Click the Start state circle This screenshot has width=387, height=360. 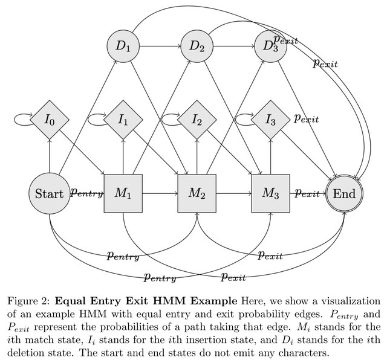49,193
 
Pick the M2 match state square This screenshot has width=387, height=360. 197,193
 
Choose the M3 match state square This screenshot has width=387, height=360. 270,193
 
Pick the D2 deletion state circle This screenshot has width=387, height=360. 197,46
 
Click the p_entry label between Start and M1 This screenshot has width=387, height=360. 87,193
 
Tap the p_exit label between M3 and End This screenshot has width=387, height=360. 307,193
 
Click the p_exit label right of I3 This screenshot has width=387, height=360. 306,118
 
